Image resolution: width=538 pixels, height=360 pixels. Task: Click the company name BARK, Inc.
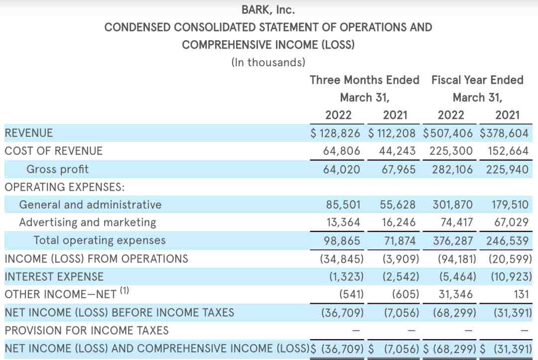tap(268, 10)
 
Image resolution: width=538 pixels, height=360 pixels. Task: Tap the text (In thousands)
tap(268, 62)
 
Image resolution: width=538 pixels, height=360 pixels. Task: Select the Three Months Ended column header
tap(364, 80)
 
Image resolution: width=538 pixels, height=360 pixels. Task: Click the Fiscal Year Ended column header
tap(477, 80)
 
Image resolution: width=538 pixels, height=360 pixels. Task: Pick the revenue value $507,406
tap(447, 133)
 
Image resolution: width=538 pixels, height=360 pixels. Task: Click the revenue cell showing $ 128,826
tap(335, 133)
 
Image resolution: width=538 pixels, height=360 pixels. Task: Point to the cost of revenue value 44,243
tap(397, 151)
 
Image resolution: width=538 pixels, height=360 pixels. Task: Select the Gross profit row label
tap(57, 169)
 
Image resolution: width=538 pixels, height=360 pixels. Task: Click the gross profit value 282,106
tap(452, 169)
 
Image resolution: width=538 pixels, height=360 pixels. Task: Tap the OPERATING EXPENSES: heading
tap(64, 187)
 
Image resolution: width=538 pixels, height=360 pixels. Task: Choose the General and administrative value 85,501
tap(343, 205)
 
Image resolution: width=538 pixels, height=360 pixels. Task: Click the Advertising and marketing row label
tap(88, 223)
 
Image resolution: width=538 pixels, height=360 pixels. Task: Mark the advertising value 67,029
tap(511, 223)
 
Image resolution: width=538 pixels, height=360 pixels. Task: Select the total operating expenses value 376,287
tap(452, 240)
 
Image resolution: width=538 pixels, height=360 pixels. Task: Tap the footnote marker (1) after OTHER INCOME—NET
tap(124, 290)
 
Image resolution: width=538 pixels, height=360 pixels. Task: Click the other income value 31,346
tap(455, 294)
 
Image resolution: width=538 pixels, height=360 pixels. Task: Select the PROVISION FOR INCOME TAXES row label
tap(87, 330)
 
